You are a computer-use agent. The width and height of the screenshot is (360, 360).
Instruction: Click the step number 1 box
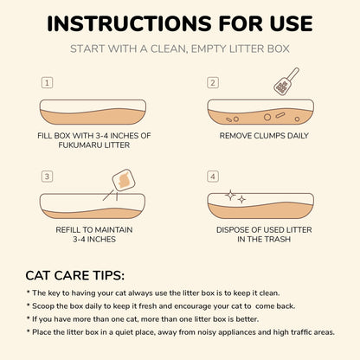pos(47,83)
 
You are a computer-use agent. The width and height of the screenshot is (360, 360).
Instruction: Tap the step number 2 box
pos(212,83)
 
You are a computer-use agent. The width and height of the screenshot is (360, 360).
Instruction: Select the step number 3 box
pos(47,177)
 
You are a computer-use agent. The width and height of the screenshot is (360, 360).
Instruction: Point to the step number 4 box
pos(212,177)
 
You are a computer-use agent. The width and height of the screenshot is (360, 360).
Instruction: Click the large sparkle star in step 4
pos(230,196)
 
